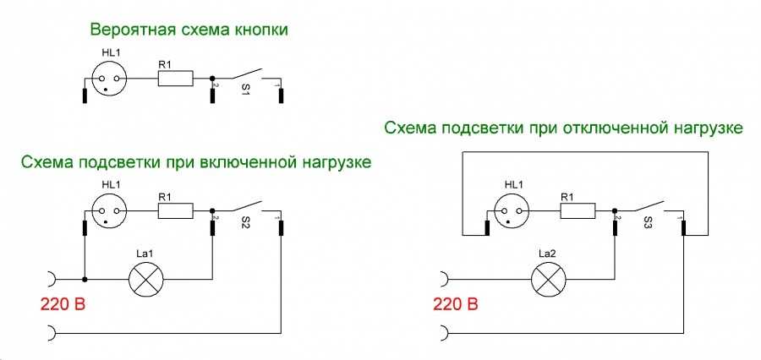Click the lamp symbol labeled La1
click(x=146, y=280)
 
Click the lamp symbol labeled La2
click(x=549, y=280)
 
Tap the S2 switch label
click(x=245, y=226)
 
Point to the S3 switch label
click(x=649, y=226)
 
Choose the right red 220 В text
click(x=455, y=305)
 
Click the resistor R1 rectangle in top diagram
click(x=176, y=78)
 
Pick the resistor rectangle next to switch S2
click(x=176, y=211)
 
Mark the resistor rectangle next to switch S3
click(x=578, y=211)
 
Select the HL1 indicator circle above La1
click(x=109, y=211)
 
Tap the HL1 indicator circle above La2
click(x=512, y=211)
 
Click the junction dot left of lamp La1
click(x=85, y=280)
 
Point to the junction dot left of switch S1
click(x=212, y=78)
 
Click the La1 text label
click(x=146, y=254)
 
